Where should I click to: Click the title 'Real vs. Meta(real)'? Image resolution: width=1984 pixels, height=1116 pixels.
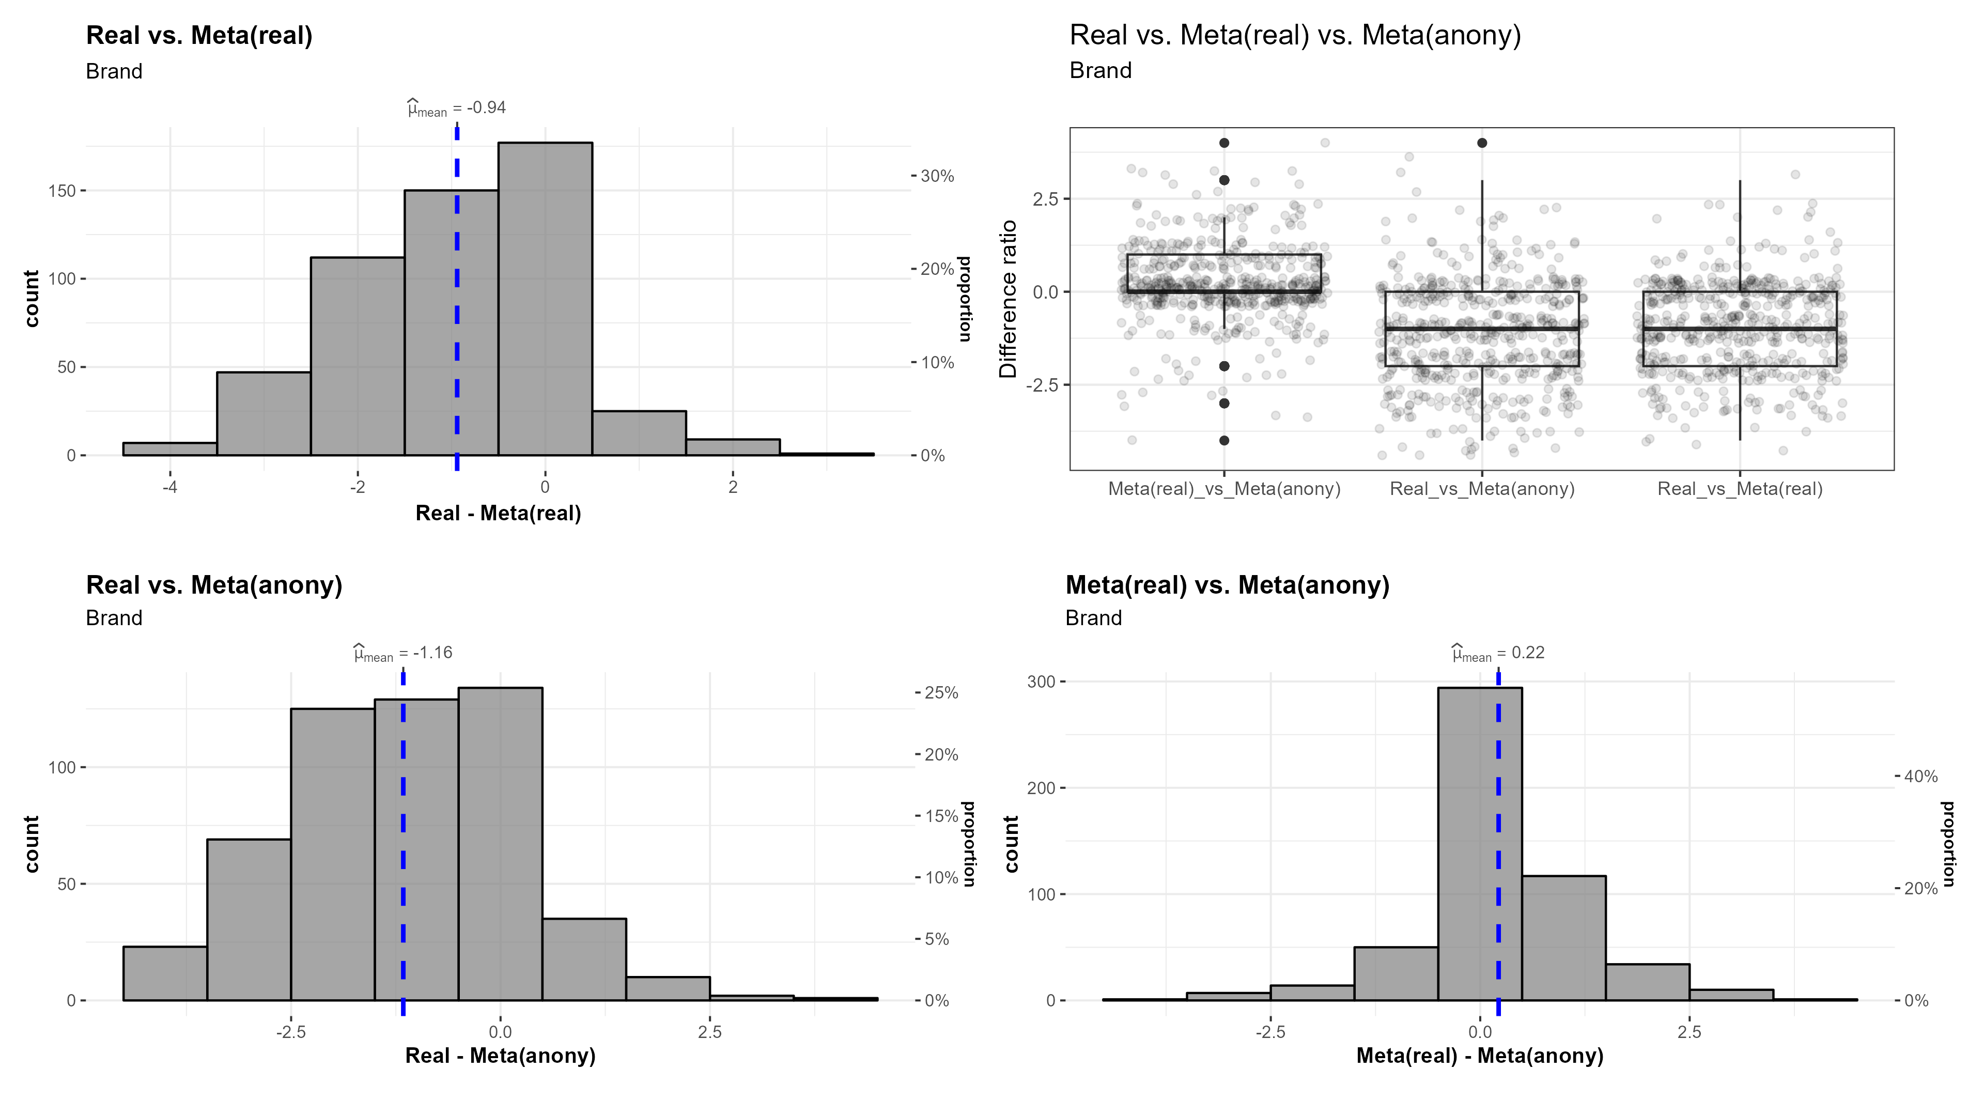[199, 36]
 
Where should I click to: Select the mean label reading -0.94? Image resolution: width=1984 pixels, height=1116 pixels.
[457, 109]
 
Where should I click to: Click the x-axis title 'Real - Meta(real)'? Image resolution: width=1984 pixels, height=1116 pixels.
[498, 514]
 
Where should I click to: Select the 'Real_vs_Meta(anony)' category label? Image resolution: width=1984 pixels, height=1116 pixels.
[1481, 489]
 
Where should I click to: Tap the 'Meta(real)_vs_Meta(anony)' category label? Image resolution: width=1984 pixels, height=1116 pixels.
[1224, 489]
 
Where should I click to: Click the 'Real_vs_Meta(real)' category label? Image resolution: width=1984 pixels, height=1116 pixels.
[1739, 489]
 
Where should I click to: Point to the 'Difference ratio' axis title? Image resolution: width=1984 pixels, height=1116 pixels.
[1008, 299]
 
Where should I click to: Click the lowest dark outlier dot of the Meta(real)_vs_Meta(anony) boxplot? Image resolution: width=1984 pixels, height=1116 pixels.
[1224, 441]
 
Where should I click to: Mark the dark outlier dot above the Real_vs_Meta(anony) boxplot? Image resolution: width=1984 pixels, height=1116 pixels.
[1482, 143]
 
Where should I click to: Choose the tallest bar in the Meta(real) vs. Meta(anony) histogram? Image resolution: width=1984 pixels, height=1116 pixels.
[1480, 843]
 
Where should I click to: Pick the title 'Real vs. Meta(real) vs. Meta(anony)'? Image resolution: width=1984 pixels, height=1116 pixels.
[1295, 36]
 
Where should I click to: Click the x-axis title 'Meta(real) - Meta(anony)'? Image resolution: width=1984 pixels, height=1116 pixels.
[1480, 1056]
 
